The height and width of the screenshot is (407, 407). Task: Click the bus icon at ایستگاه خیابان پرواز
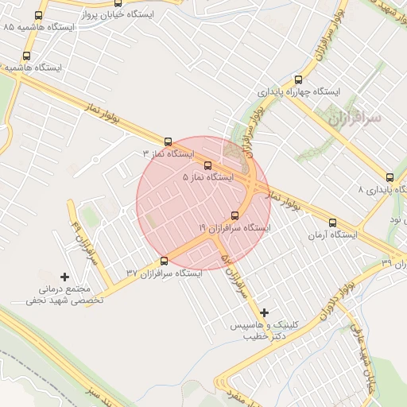coord(39,15)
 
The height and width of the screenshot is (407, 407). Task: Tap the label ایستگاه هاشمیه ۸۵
coord(39,27)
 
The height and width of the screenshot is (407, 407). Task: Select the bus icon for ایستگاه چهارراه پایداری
coord(299,79)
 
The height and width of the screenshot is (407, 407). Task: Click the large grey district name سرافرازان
coord(354,119)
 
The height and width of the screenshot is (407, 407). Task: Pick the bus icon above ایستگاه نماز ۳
coord(167,141)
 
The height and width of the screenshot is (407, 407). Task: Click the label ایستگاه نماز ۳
coord(168,153)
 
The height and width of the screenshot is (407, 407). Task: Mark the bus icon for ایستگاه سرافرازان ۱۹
coord(235,215)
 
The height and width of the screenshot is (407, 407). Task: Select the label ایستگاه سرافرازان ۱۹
coord(235,228)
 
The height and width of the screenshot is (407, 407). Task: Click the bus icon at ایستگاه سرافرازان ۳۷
coord(165,260)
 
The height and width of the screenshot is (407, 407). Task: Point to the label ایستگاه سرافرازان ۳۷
coord(164,273)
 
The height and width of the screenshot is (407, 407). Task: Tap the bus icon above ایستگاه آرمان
coord(331,223)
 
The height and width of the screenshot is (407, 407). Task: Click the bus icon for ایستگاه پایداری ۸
coord(390,177)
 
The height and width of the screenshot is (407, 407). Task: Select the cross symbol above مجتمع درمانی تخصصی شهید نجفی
coord(64,276)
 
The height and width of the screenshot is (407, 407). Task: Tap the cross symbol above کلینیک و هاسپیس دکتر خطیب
coord(265,312)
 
